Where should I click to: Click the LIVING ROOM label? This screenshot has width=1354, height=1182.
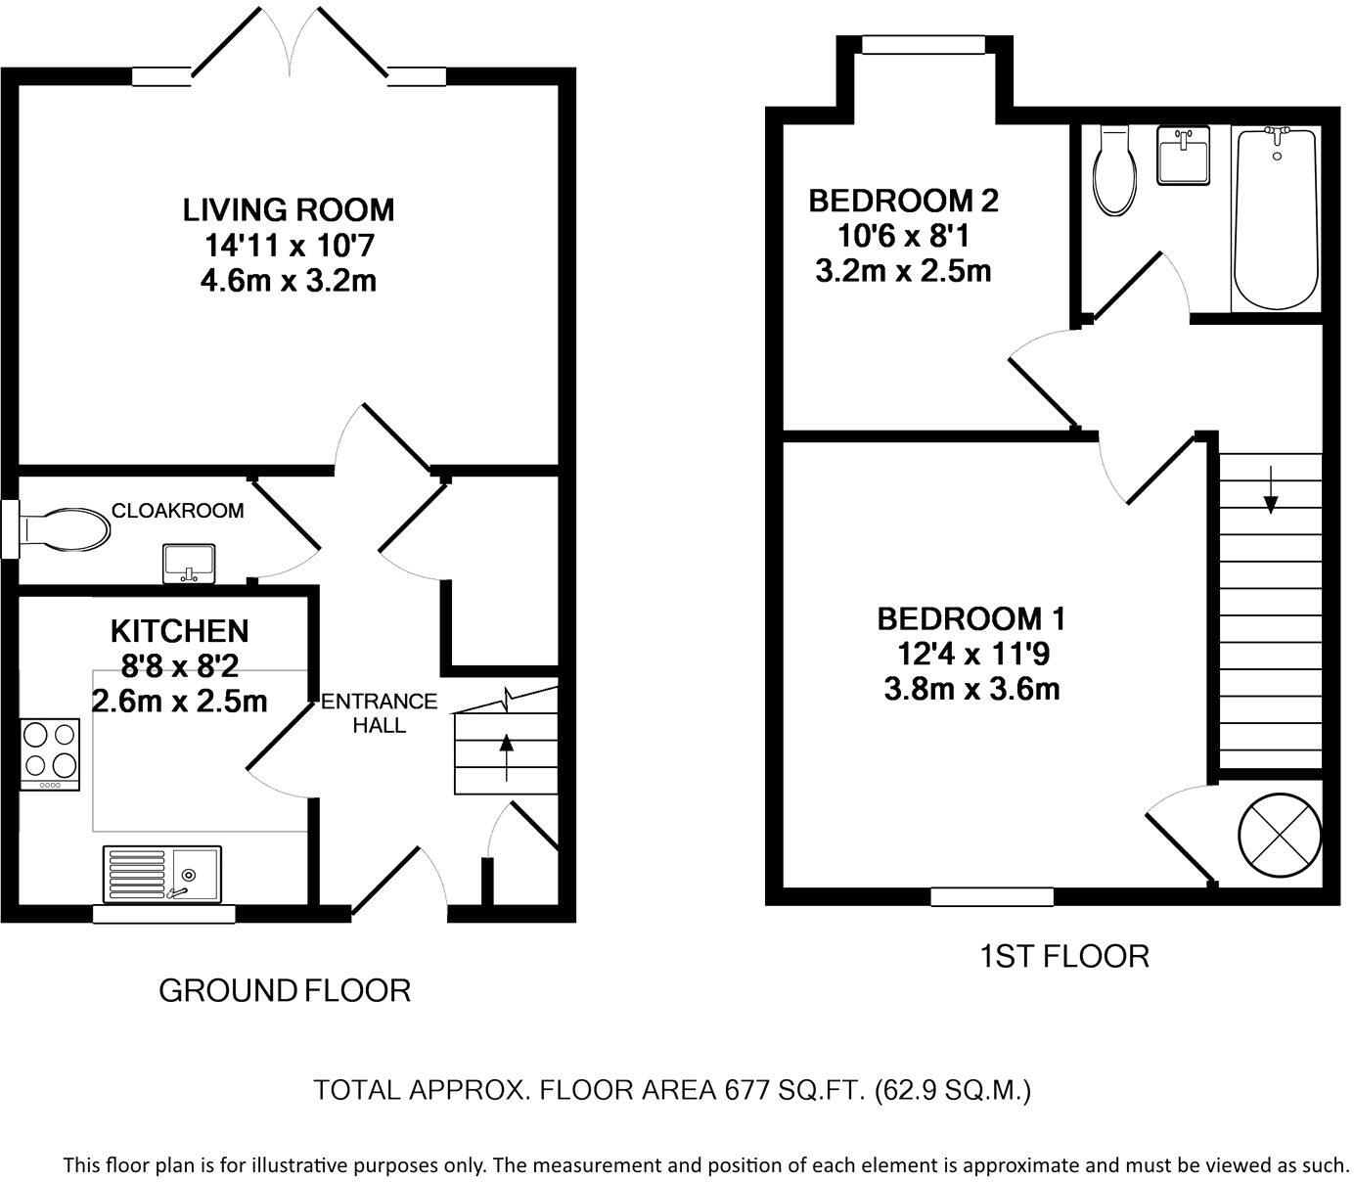click(289, 210)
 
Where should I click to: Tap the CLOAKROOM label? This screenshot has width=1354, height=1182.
click(177, 510)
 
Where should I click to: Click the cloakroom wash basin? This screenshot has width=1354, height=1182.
click(189, 564)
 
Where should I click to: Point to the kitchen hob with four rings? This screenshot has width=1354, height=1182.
click(50, 754)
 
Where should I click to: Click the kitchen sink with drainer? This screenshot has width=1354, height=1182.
click(162, 873)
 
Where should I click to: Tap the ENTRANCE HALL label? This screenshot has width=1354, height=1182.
click(380, 712)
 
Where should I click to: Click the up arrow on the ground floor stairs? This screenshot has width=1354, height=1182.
click(506, 756)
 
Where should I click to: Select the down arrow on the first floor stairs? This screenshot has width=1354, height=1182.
click(1270, 490)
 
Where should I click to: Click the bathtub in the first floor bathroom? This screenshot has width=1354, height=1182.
click(1277, 218)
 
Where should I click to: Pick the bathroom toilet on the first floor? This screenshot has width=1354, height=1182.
click(1115, 171)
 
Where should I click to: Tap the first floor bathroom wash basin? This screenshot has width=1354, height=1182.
click(1183, 156)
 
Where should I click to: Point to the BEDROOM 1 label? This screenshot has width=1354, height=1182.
click(971, 618)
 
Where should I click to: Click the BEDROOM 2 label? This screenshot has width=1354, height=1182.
click(903, 201)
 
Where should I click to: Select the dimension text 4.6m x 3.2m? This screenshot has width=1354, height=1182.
click(289, 281)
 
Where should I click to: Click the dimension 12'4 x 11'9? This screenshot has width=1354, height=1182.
click(972, 654)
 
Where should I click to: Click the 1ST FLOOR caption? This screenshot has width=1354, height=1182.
click(1064, 956)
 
